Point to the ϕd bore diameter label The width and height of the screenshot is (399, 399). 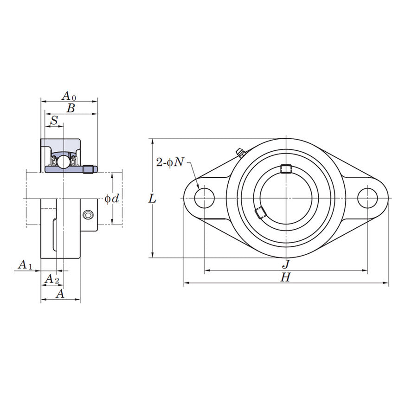tap(112, 199)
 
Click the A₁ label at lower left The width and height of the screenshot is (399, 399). tap(25, 265)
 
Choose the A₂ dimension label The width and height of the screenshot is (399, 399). tap(51, 279)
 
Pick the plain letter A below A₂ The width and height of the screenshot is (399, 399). tap(60, 294)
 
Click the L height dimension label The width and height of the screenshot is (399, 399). tap(152, 199)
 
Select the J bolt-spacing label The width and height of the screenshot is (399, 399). tap(286, 264)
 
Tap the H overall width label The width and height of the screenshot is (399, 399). tap(286, 277)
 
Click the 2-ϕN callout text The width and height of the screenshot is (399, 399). tap(170, 162)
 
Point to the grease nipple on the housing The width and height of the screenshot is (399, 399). tap(240, 153)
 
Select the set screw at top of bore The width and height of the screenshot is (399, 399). tap(286, 169)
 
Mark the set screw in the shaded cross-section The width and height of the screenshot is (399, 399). tap(89, 169)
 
